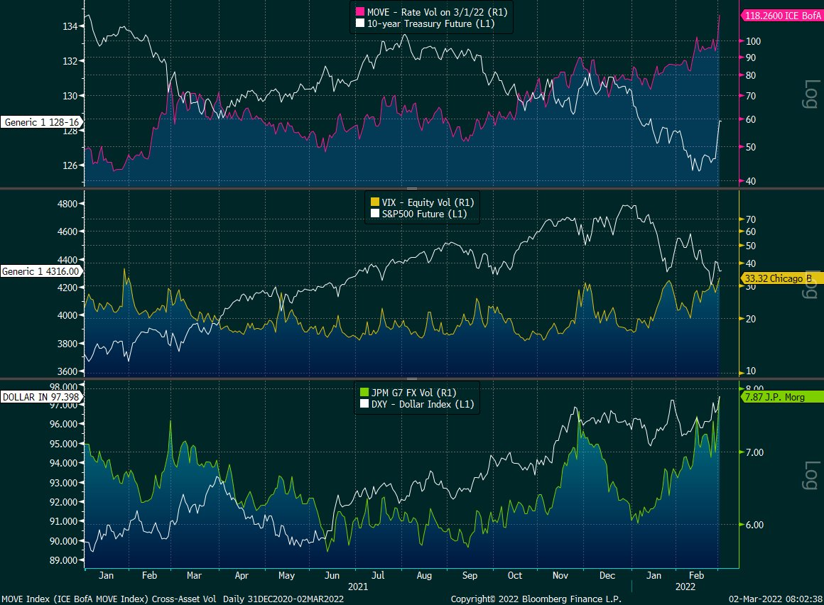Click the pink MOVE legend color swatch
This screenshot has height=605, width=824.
coord(359,12)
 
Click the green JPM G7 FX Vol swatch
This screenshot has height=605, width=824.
coord(364,392)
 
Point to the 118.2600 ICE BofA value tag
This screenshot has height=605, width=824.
coord(781,14)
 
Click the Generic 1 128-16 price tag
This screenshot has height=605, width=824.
coord(41,122)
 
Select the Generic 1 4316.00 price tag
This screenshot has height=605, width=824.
coord(41,271)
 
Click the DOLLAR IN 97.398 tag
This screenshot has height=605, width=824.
coord(41,396)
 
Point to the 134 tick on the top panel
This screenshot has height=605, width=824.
coord(70,26)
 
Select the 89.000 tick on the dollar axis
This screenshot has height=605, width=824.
coord(64,560)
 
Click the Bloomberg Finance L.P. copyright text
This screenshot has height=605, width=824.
coord(536,599)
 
